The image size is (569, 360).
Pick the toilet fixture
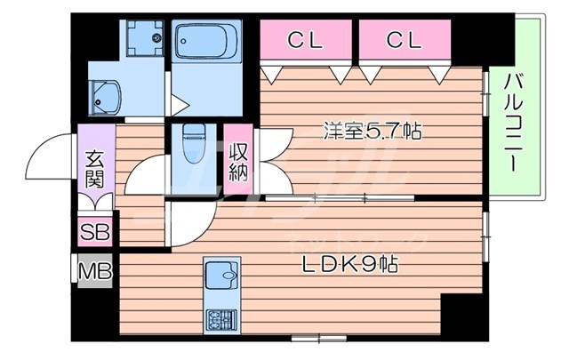tap(193, 140)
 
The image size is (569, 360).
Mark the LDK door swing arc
tap(189, 227)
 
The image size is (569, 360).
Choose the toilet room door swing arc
tap(144, 176)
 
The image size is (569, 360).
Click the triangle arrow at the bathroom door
tap(179, 105)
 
